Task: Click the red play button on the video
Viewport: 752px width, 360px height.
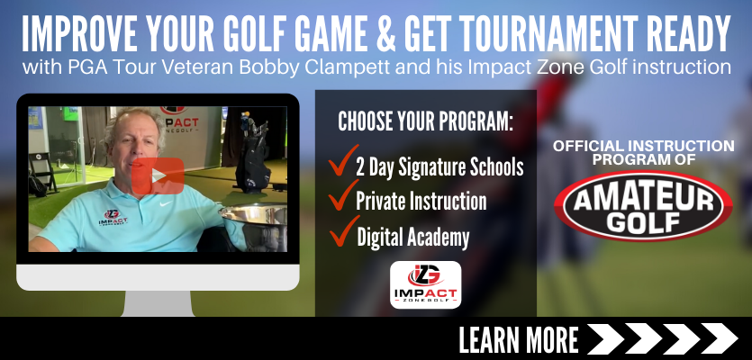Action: click(158, 175)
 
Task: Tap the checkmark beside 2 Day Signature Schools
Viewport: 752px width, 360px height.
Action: click(343, 160)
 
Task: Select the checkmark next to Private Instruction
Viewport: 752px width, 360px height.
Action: click(343, 194)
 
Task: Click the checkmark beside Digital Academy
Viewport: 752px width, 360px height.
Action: click(344, 231)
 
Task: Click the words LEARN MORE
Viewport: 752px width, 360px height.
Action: click(519, 339)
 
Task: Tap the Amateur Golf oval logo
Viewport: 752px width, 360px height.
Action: click(643, 205)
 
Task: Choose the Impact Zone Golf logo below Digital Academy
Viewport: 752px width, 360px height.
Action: click(425, 284)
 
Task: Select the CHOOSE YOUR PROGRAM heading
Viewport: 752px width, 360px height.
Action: click(425, 121)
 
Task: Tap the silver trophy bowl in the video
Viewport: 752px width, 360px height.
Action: click(255, 225)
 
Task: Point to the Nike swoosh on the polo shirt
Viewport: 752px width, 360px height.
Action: click(166, 203)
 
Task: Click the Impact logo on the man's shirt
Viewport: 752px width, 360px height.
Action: click(113, 218)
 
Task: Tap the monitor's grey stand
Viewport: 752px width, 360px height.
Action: click(159, 303)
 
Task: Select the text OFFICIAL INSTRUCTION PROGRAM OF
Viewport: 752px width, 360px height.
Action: click(644, 152)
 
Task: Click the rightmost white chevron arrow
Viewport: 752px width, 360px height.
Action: click(719, 339)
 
